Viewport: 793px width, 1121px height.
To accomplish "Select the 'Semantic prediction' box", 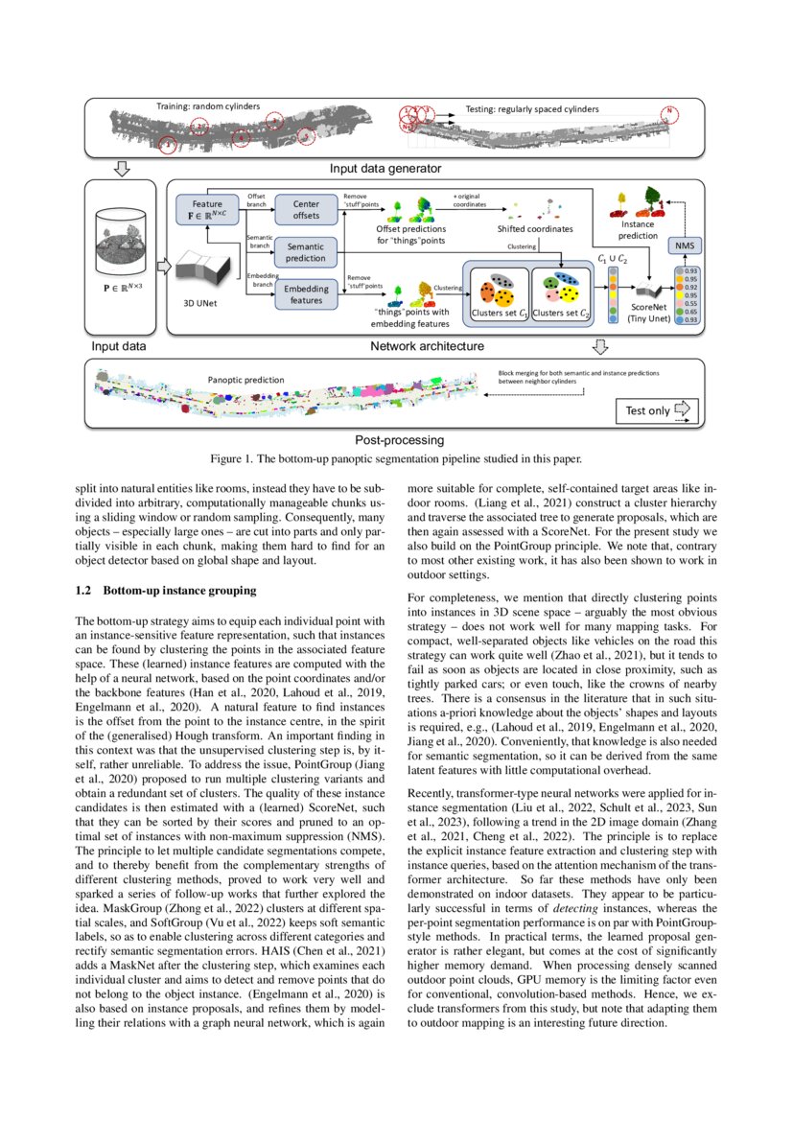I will coord(306,251).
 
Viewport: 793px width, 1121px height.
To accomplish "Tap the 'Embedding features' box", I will coord(306,293).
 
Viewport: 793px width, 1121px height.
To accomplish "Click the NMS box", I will coord(683,246).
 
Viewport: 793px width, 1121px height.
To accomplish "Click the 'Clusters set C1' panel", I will coord(497,290).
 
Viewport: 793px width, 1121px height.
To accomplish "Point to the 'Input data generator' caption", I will coord(385,169).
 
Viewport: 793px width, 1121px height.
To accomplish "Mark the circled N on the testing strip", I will coord(668,112).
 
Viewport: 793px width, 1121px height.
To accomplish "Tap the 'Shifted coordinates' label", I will coord(535,229).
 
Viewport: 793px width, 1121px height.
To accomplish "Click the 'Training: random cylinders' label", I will coord(208,105).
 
